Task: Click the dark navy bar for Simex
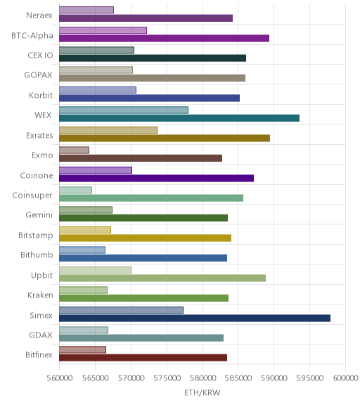click(195, 318)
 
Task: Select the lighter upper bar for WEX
click(124, 110)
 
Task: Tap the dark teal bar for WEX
click(179, 118)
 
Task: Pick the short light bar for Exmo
click(74, 150)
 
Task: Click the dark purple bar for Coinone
click(157, 178)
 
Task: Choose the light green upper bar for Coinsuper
click(75, 190)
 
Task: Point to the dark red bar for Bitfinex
click(143, 358)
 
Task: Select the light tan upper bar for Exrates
click(108, 130)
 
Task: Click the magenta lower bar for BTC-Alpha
click(165, 38)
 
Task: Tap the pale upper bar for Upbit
click(96, 270)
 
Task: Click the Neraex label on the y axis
click(39, 15)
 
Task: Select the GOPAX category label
click(38, 75)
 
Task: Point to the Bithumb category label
click(37, 255)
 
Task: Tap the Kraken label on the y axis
click(40, 295)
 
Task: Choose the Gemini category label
click(39, 215)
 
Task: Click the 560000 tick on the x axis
click(59, 378)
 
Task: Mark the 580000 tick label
click(202, 378)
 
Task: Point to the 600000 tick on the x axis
click(345, 378)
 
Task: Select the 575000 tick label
click(167, 378)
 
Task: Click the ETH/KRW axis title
click(202, 393)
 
